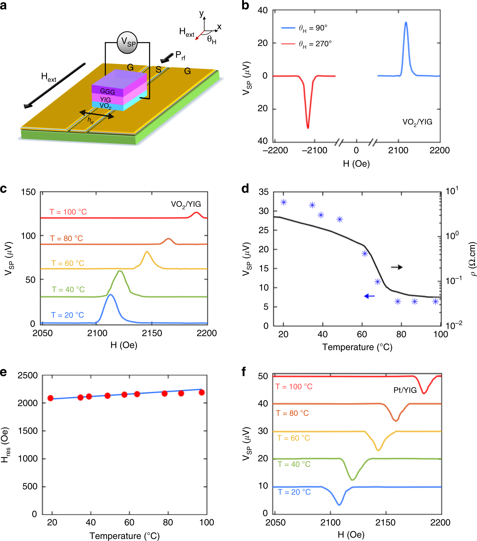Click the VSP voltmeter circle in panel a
coord(127,42)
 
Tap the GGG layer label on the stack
coord(107,92)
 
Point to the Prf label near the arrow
coord(180,55)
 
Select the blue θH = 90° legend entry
coord(304,28)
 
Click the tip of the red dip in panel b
coord(308,128)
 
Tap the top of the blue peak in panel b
coord(406,22)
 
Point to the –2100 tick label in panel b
coord(314,150)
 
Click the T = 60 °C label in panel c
coord(68,263)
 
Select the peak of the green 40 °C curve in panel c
coord(120,271)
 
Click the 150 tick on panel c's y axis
coord(28,192)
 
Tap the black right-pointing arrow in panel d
coord(397,267)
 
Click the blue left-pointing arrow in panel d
coord(369,296)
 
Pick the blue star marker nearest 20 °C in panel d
coord(284,202)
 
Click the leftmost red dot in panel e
coord(51,398)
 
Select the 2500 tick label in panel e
coord(27,375)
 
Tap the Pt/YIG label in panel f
coord(405,390)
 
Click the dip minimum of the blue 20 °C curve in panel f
coord(339,505)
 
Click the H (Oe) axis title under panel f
coord(351,535)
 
